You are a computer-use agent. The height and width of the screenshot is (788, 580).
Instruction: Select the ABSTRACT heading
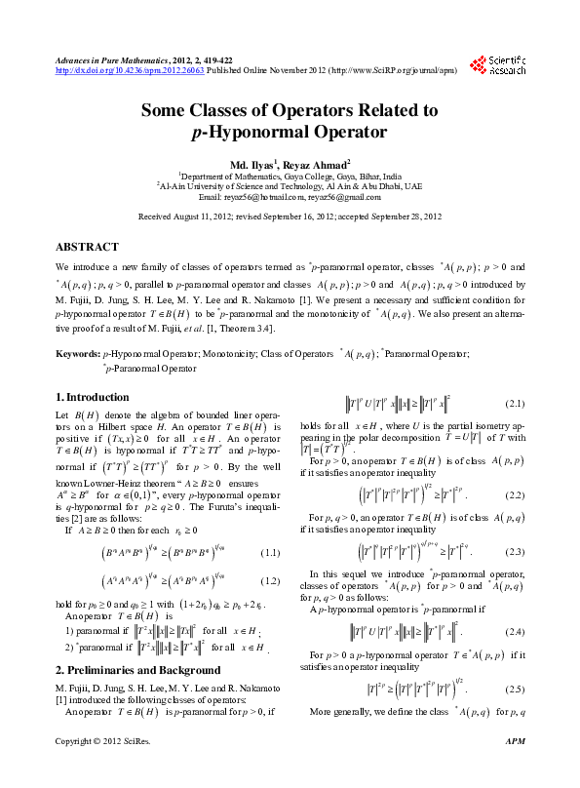(88, 248)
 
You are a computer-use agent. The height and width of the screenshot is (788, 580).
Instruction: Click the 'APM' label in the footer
(517, 769)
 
